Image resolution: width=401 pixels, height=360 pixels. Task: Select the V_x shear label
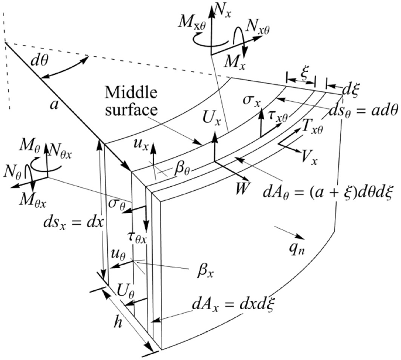point(299,161)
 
